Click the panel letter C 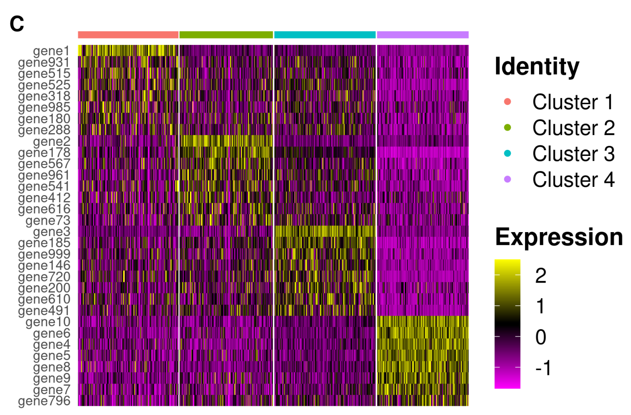click(x=17, y=24)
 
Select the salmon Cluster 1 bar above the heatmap click(x=128, y=35)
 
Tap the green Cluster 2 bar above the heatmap click(x=226, y=35)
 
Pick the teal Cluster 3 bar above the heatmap click(x=325, y=35)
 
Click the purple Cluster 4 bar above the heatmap click(x=423, y=35)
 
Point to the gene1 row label click(x=51, y=51)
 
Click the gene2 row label click(x=51, y=142)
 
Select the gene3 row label click(x=51, y=232)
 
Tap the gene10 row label click(x=48, y=322)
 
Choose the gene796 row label click(x=44, y=401)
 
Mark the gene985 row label click(x=44, y=107)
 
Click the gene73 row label click(x=48, y=220)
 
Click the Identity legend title click(x=537, y=67)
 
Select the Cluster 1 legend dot click(x=507, y=102)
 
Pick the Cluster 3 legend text click(x=573, y=154)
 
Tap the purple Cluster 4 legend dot click(x=507, y=179)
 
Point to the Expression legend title click(x=559, y=237)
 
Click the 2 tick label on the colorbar click(x=540, y=275)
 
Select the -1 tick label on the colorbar click(x=543, y=368)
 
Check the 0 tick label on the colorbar click(x=540, y=337)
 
